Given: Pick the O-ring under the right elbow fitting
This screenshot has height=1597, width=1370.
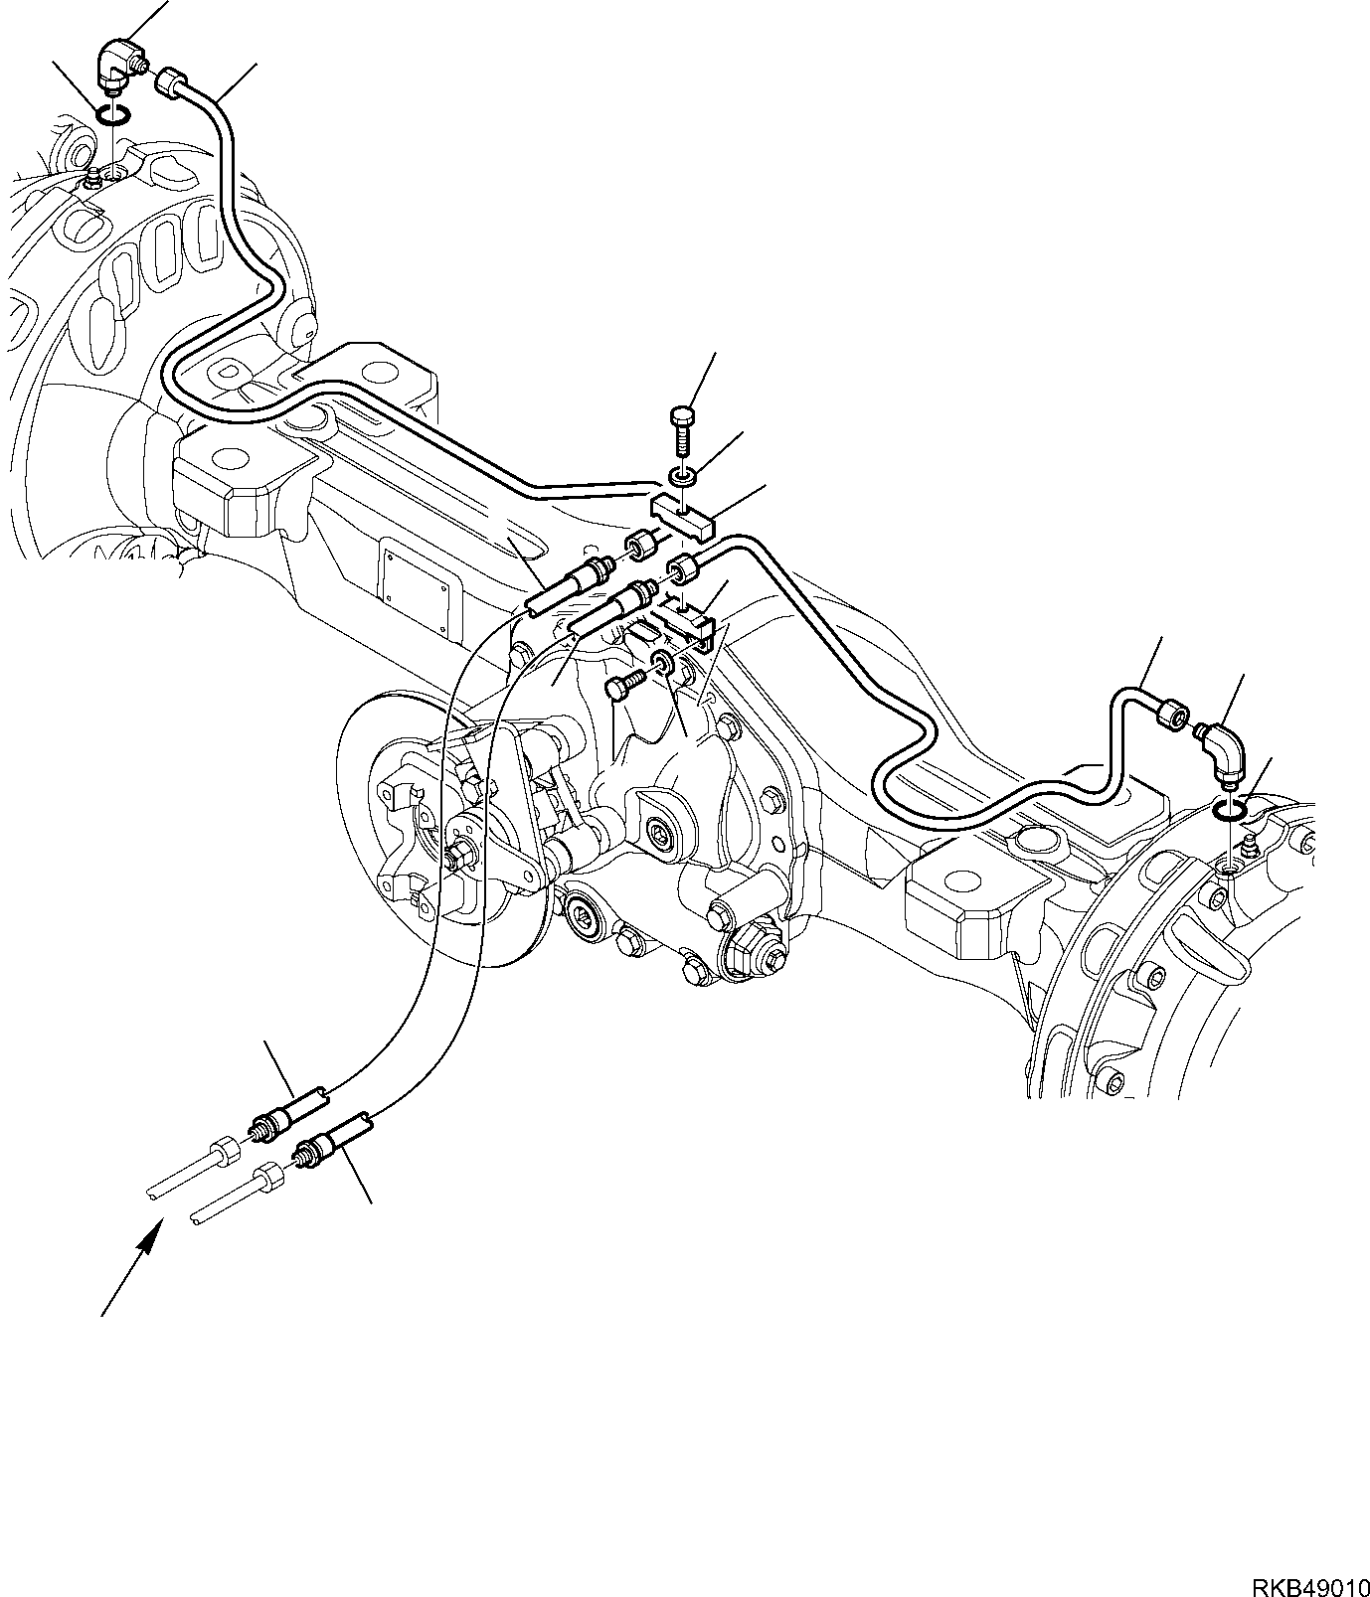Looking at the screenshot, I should click(x=1232, y=813).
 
